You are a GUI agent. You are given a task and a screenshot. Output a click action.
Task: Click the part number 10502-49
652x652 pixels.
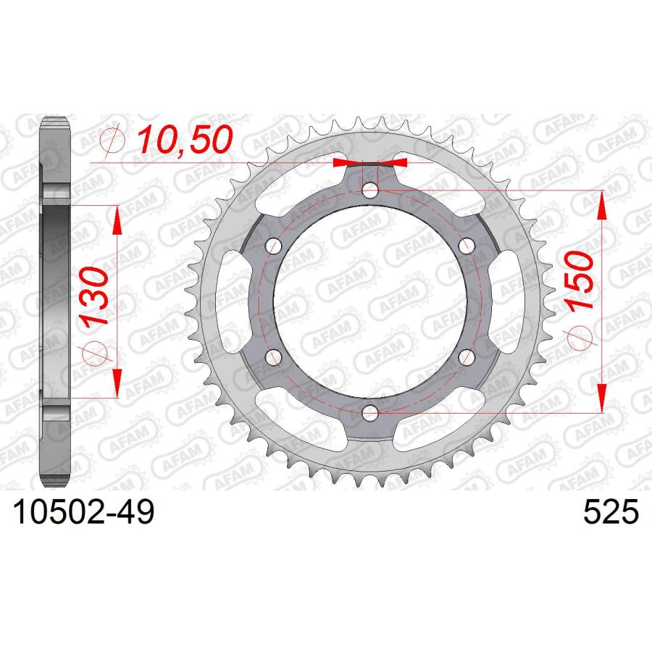[84, 512]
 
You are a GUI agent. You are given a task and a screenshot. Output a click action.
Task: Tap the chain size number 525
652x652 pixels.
[611, 512]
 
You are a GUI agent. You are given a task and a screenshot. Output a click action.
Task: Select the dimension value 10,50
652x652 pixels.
[185, 140]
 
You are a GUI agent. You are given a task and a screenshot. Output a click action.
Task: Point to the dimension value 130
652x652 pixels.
[95, 296]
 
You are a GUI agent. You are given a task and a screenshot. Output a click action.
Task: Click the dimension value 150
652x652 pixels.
[580, 280]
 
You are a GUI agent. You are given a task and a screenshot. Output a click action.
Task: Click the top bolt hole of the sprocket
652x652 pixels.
[370, 191]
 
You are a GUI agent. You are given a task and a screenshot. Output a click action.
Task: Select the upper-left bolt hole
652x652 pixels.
[274, 246]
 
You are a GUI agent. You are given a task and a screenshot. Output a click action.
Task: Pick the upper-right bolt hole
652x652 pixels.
[467, 246]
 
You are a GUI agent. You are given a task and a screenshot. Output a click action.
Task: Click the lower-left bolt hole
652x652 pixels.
[274, 357]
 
